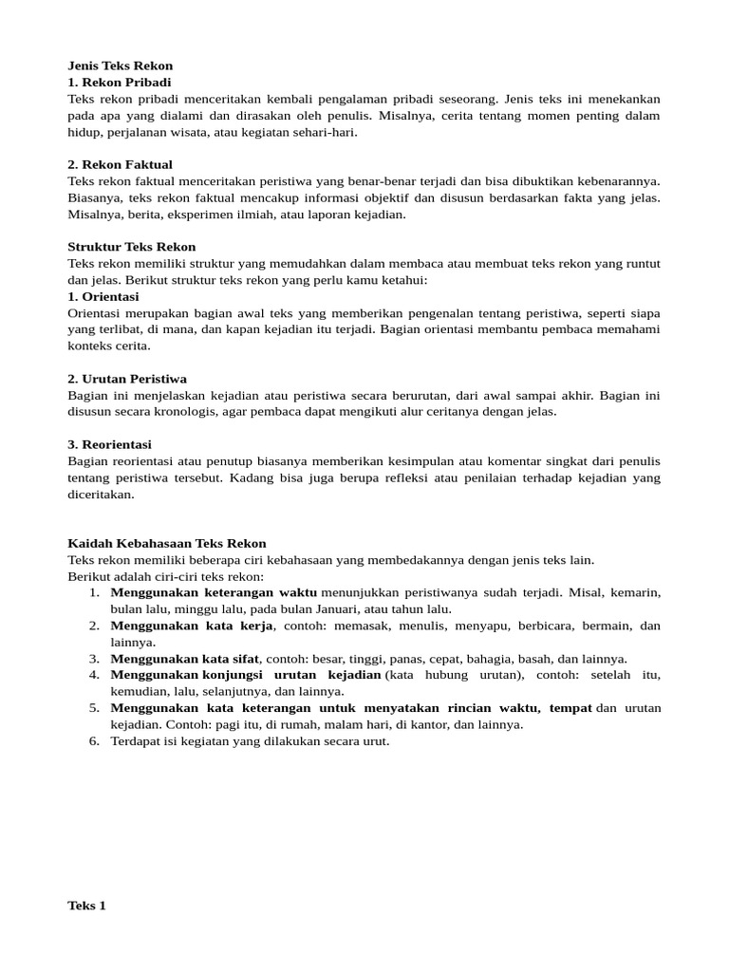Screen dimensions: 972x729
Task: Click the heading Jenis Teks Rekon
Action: pos(121,65)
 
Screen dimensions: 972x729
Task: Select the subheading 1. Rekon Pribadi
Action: pos(120,83)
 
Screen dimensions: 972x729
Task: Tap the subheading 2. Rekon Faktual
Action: pos(121,164)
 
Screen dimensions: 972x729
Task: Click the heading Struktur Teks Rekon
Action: pos(132,247)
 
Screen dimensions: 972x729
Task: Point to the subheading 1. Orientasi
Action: pos(103,296)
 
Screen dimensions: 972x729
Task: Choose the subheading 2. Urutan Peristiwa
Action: pos(127,379)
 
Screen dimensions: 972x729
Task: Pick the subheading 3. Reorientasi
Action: pos(110,444)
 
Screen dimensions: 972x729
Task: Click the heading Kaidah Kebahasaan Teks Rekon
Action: pos(167,543)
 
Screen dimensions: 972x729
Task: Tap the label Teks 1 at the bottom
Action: pos(87,906)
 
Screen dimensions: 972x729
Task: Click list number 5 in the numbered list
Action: pos(94,708)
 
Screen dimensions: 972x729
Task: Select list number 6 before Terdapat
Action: pos(94,741)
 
